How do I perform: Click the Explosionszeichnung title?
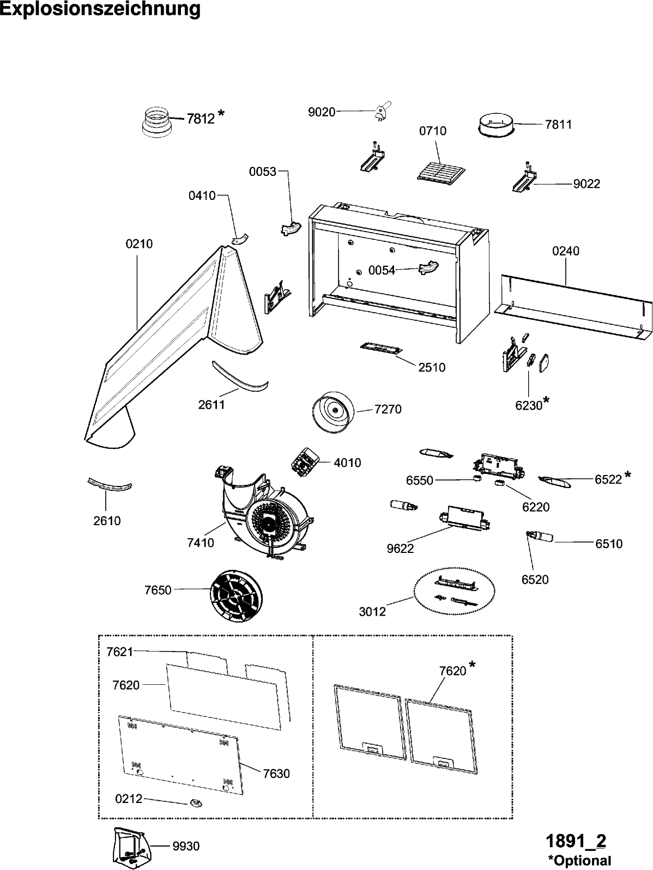click(100, 9)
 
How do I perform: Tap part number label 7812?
click(201, 118)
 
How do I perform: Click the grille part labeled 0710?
click(440, 169)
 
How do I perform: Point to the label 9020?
click(322, 112)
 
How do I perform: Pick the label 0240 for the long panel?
click(565, 251)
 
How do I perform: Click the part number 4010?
click(347, 463)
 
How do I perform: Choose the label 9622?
click(401, 549)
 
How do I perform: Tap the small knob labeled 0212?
click(195, 802)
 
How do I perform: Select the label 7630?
click(276, 773)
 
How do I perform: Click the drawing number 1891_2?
click(576, 841)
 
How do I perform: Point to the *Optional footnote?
click(579, 860)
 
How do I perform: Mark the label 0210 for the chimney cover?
click(139, 244)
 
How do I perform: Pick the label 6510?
click(609, 543)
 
